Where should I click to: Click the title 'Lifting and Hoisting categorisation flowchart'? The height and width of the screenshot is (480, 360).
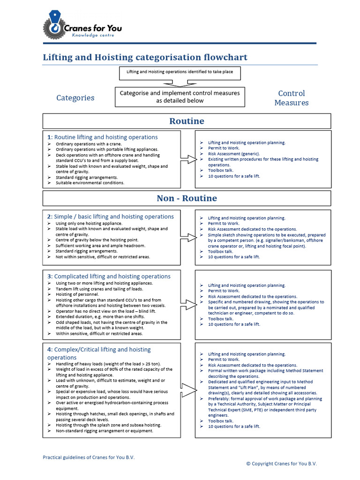tap(145, 58)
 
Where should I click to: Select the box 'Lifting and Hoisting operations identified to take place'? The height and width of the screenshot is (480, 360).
tap(180, 72)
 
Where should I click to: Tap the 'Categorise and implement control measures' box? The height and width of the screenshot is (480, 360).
tap(180, 97)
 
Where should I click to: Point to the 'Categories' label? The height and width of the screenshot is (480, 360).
tap(75, 98)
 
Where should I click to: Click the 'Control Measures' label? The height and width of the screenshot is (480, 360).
tap(291, 98)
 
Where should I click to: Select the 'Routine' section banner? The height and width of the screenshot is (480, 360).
tap(187, 121)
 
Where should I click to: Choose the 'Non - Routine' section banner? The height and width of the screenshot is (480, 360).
tap(187, 198)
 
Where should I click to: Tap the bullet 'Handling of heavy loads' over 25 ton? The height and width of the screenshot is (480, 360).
tap(108, 364)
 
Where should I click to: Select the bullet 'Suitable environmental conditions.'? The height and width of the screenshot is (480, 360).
tap(90, 183)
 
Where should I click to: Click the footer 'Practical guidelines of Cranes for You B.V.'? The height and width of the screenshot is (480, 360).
tap(92, 457)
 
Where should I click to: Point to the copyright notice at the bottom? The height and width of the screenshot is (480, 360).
tap(281, 463)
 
